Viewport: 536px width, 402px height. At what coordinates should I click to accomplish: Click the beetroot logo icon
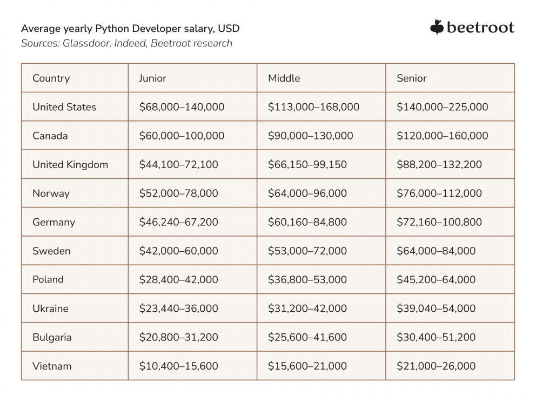tap(437, 27)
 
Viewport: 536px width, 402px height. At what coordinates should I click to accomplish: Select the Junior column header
tap(152, 78)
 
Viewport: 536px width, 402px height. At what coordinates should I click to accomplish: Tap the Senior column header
tap(411, 78)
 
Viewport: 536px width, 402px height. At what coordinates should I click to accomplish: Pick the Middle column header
tap(284, 78)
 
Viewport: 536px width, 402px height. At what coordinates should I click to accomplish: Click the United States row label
tap(64, 107)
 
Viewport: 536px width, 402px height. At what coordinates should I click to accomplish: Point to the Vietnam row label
tap(52, 366)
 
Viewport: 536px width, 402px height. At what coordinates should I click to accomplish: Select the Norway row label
tap(51, 193)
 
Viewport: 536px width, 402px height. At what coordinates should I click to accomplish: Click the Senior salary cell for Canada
tap(442, 136)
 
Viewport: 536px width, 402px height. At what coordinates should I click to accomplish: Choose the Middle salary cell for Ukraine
tap(307, 309)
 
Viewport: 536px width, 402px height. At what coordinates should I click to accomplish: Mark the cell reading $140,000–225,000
tap(442, 107)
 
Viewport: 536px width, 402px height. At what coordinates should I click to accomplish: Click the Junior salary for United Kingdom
tap(178, 164)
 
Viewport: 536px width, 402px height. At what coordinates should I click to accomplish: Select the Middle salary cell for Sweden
tap(307, 251)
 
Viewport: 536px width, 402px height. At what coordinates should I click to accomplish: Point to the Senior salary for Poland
tap(436, 279)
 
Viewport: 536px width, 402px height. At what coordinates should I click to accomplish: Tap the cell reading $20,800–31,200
tap(178, 337)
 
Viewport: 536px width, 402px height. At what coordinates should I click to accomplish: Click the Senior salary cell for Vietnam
tap(436, 366)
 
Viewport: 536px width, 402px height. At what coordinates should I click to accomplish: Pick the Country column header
tap(51, 78)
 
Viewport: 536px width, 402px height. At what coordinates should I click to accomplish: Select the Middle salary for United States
tap(313, 107)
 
